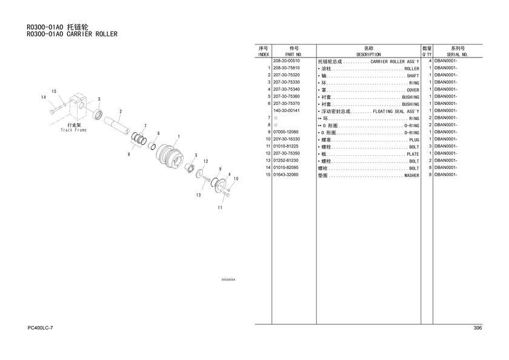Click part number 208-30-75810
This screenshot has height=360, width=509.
coord(286,68)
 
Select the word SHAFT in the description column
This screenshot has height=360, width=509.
coord(413,76)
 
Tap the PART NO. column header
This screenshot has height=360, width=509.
coord(293,55)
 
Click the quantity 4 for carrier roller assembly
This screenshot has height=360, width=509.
coord(430,61)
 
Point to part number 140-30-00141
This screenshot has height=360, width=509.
coord(286,111)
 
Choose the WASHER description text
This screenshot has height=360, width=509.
coord(411,176)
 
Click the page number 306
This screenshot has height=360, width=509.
coord(477,328)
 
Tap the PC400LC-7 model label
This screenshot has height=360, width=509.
coord(40,328)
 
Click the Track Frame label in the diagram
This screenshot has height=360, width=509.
coord(74,130)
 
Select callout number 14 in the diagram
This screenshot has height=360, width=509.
coord(44,98)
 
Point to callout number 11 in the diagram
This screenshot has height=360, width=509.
coord(220,207)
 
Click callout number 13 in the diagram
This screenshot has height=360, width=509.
coord(198,195)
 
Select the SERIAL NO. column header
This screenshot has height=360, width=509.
coord(457,55)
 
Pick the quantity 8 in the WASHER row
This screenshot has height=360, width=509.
coord(430,175)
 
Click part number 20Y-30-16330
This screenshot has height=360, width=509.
coord(286,139)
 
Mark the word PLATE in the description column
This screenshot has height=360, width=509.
coord(413,154)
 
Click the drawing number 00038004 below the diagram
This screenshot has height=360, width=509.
coord(228,280)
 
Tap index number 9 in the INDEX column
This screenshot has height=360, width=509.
coord(269,132)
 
